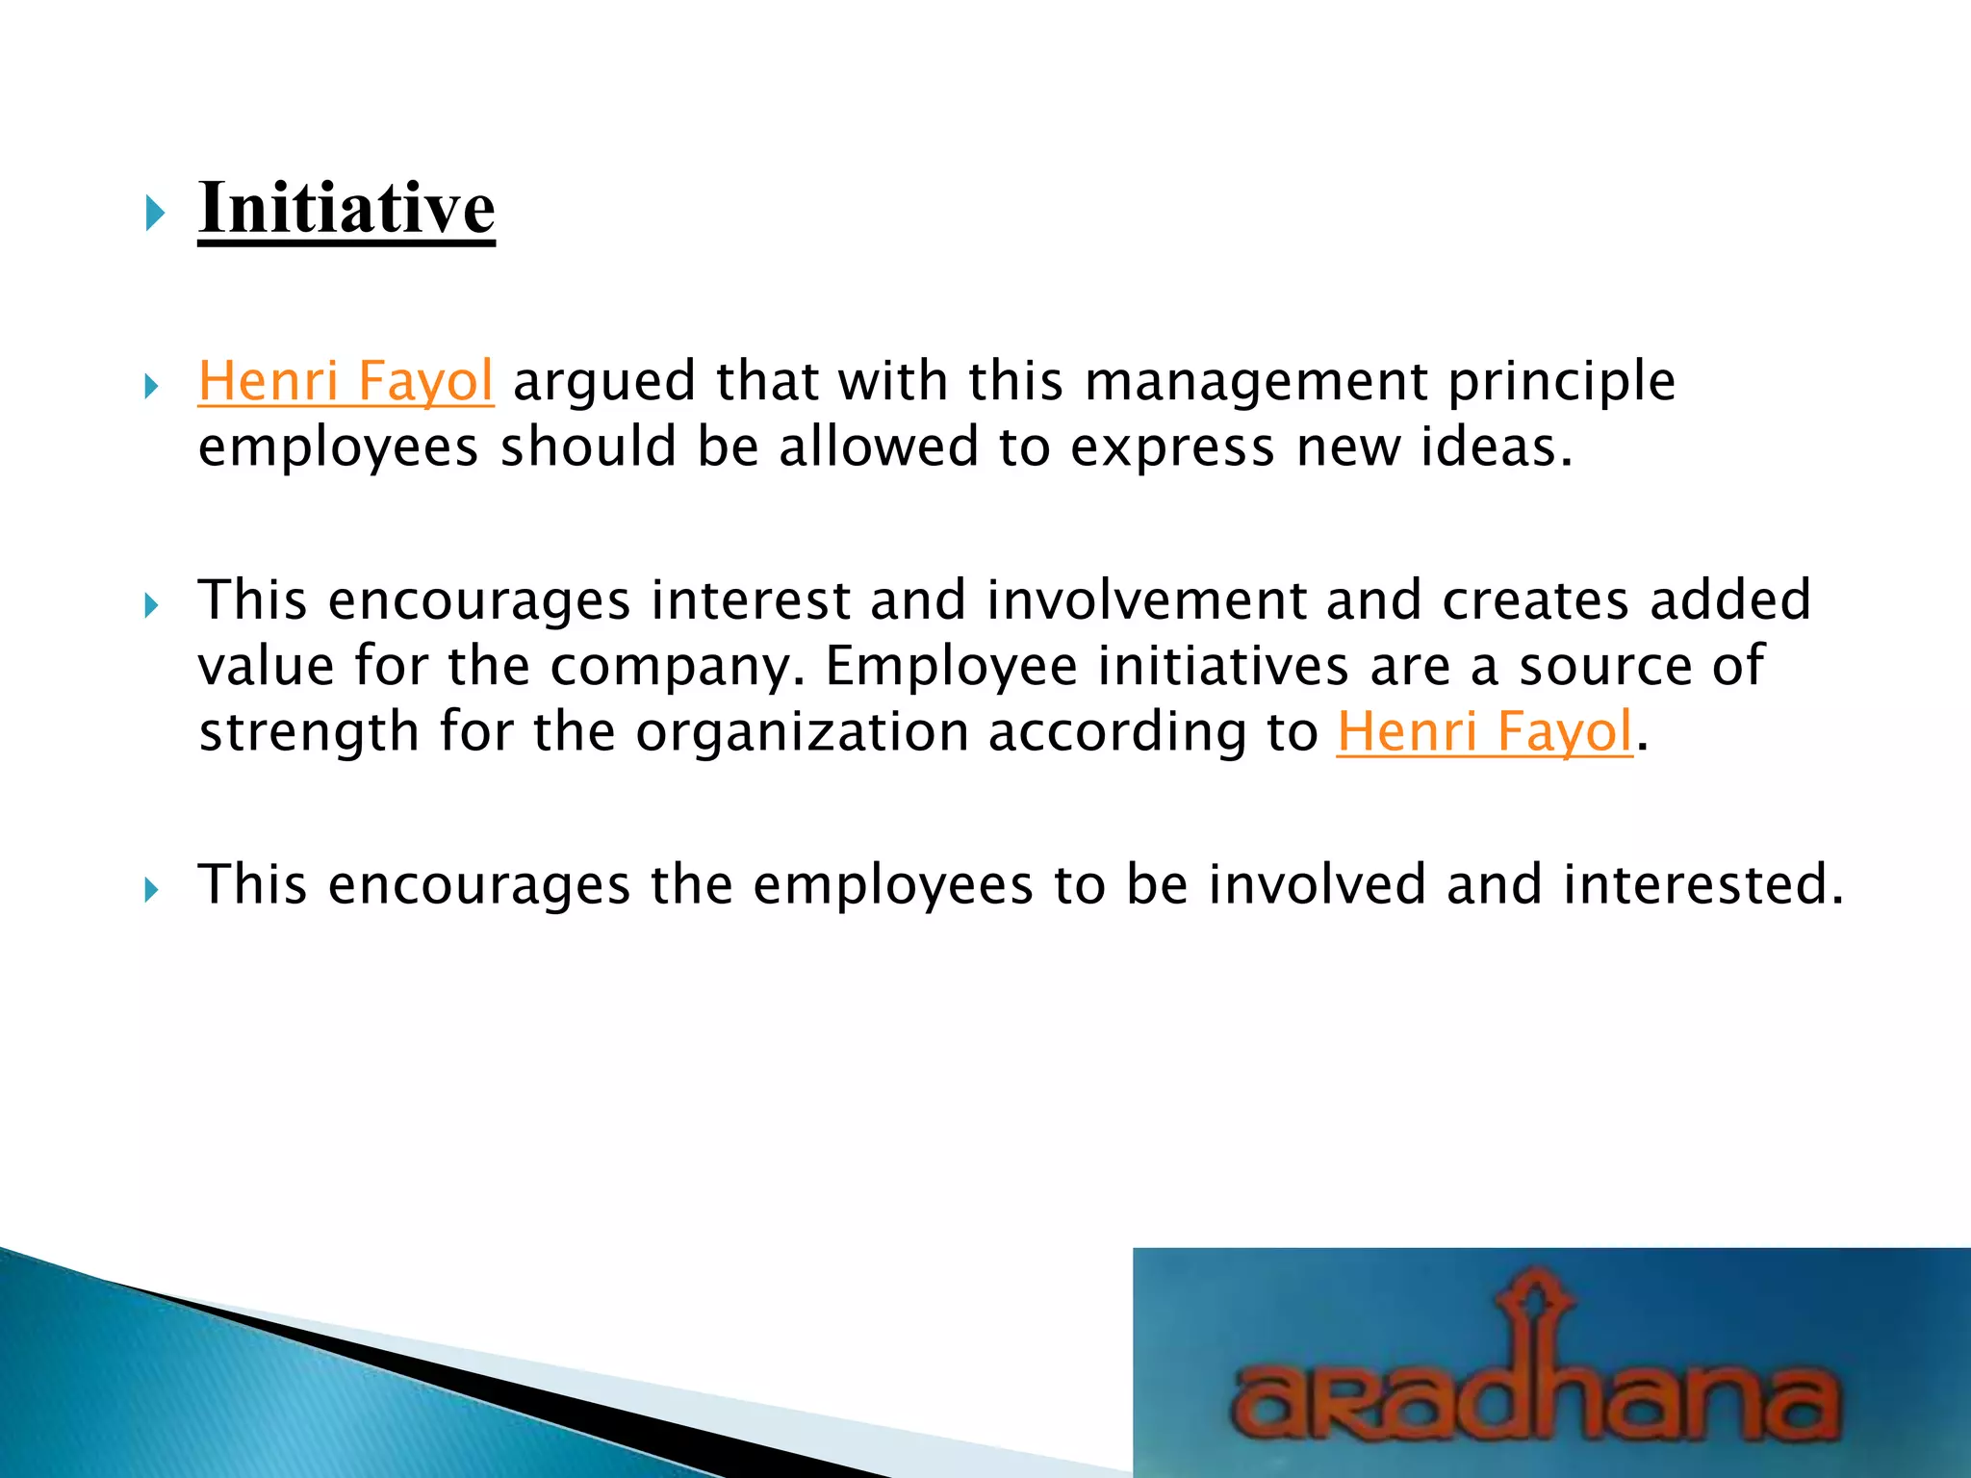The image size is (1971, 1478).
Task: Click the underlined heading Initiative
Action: point(346,208)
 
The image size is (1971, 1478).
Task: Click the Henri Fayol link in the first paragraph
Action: point(346,380)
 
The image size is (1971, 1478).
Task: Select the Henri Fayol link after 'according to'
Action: point(1484,731)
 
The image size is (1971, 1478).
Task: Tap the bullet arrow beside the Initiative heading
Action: point(154,213)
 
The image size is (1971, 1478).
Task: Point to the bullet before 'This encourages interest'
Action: point(151,605)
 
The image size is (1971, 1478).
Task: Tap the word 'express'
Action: point(1172,447)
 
